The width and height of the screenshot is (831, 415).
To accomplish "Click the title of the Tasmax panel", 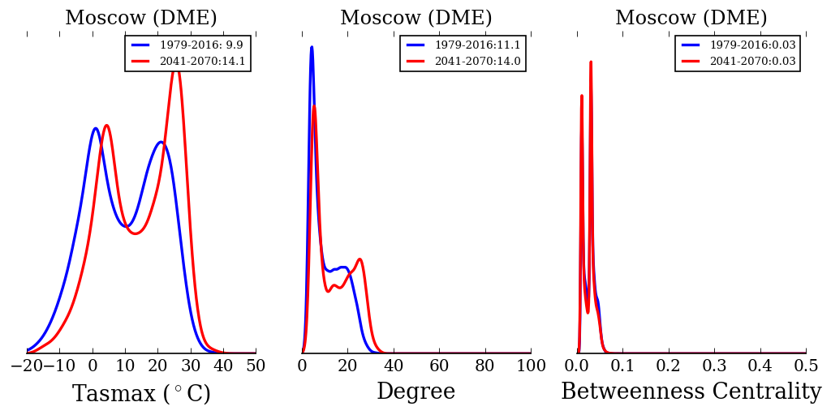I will (x=141, y=18).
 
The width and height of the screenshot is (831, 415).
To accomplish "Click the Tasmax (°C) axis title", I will (x=141, y=394).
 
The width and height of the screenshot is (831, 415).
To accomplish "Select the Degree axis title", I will (x=415, y=391).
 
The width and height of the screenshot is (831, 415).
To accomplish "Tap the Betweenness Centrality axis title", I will (x=691, y=391).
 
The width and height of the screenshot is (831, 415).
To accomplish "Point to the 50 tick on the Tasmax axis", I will (x=256, y=366).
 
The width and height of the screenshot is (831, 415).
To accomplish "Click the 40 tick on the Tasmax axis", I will (x=223, y=366).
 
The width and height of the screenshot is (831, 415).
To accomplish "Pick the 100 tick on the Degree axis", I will (x=531, y=366).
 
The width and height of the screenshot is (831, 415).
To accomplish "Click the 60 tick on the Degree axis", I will (x=439, y=366).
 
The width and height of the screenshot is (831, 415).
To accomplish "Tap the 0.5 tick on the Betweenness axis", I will (x=806, y=366).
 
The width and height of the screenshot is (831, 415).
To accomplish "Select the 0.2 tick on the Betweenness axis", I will (x=669, y=366).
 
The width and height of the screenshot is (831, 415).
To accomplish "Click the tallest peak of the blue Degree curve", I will (x=312, y=47).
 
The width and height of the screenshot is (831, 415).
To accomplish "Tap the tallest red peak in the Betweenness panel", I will (x=590, y=62).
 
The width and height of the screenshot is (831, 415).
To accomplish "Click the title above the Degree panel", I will (x=415, y=18).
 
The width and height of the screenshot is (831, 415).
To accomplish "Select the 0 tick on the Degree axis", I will (x=303, y=366).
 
